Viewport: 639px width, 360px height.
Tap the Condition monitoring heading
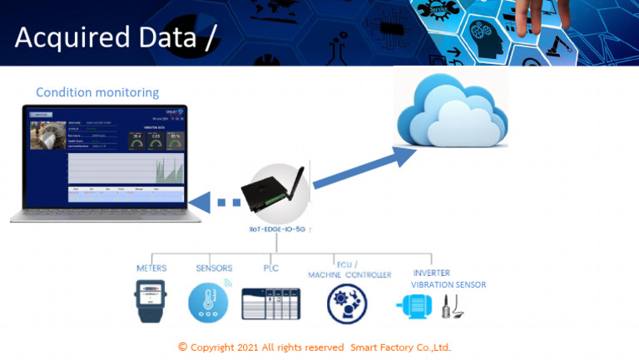click(x=97, y=91)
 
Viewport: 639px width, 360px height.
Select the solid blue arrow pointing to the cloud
click(x=357, y=171)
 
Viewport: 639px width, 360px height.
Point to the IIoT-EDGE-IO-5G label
click(x=277, y=228)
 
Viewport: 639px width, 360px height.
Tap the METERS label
click(x=151, y=268)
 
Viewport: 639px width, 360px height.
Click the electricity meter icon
click(x=151, y=301)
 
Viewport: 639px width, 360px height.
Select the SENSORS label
click(x=214, y=268)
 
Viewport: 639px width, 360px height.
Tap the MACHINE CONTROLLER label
click(x=349, y=274)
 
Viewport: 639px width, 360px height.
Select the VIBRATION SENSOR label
click(x=448, y=284)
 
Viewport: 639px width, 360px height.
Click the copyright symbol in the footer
click(x=183, y=347)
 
